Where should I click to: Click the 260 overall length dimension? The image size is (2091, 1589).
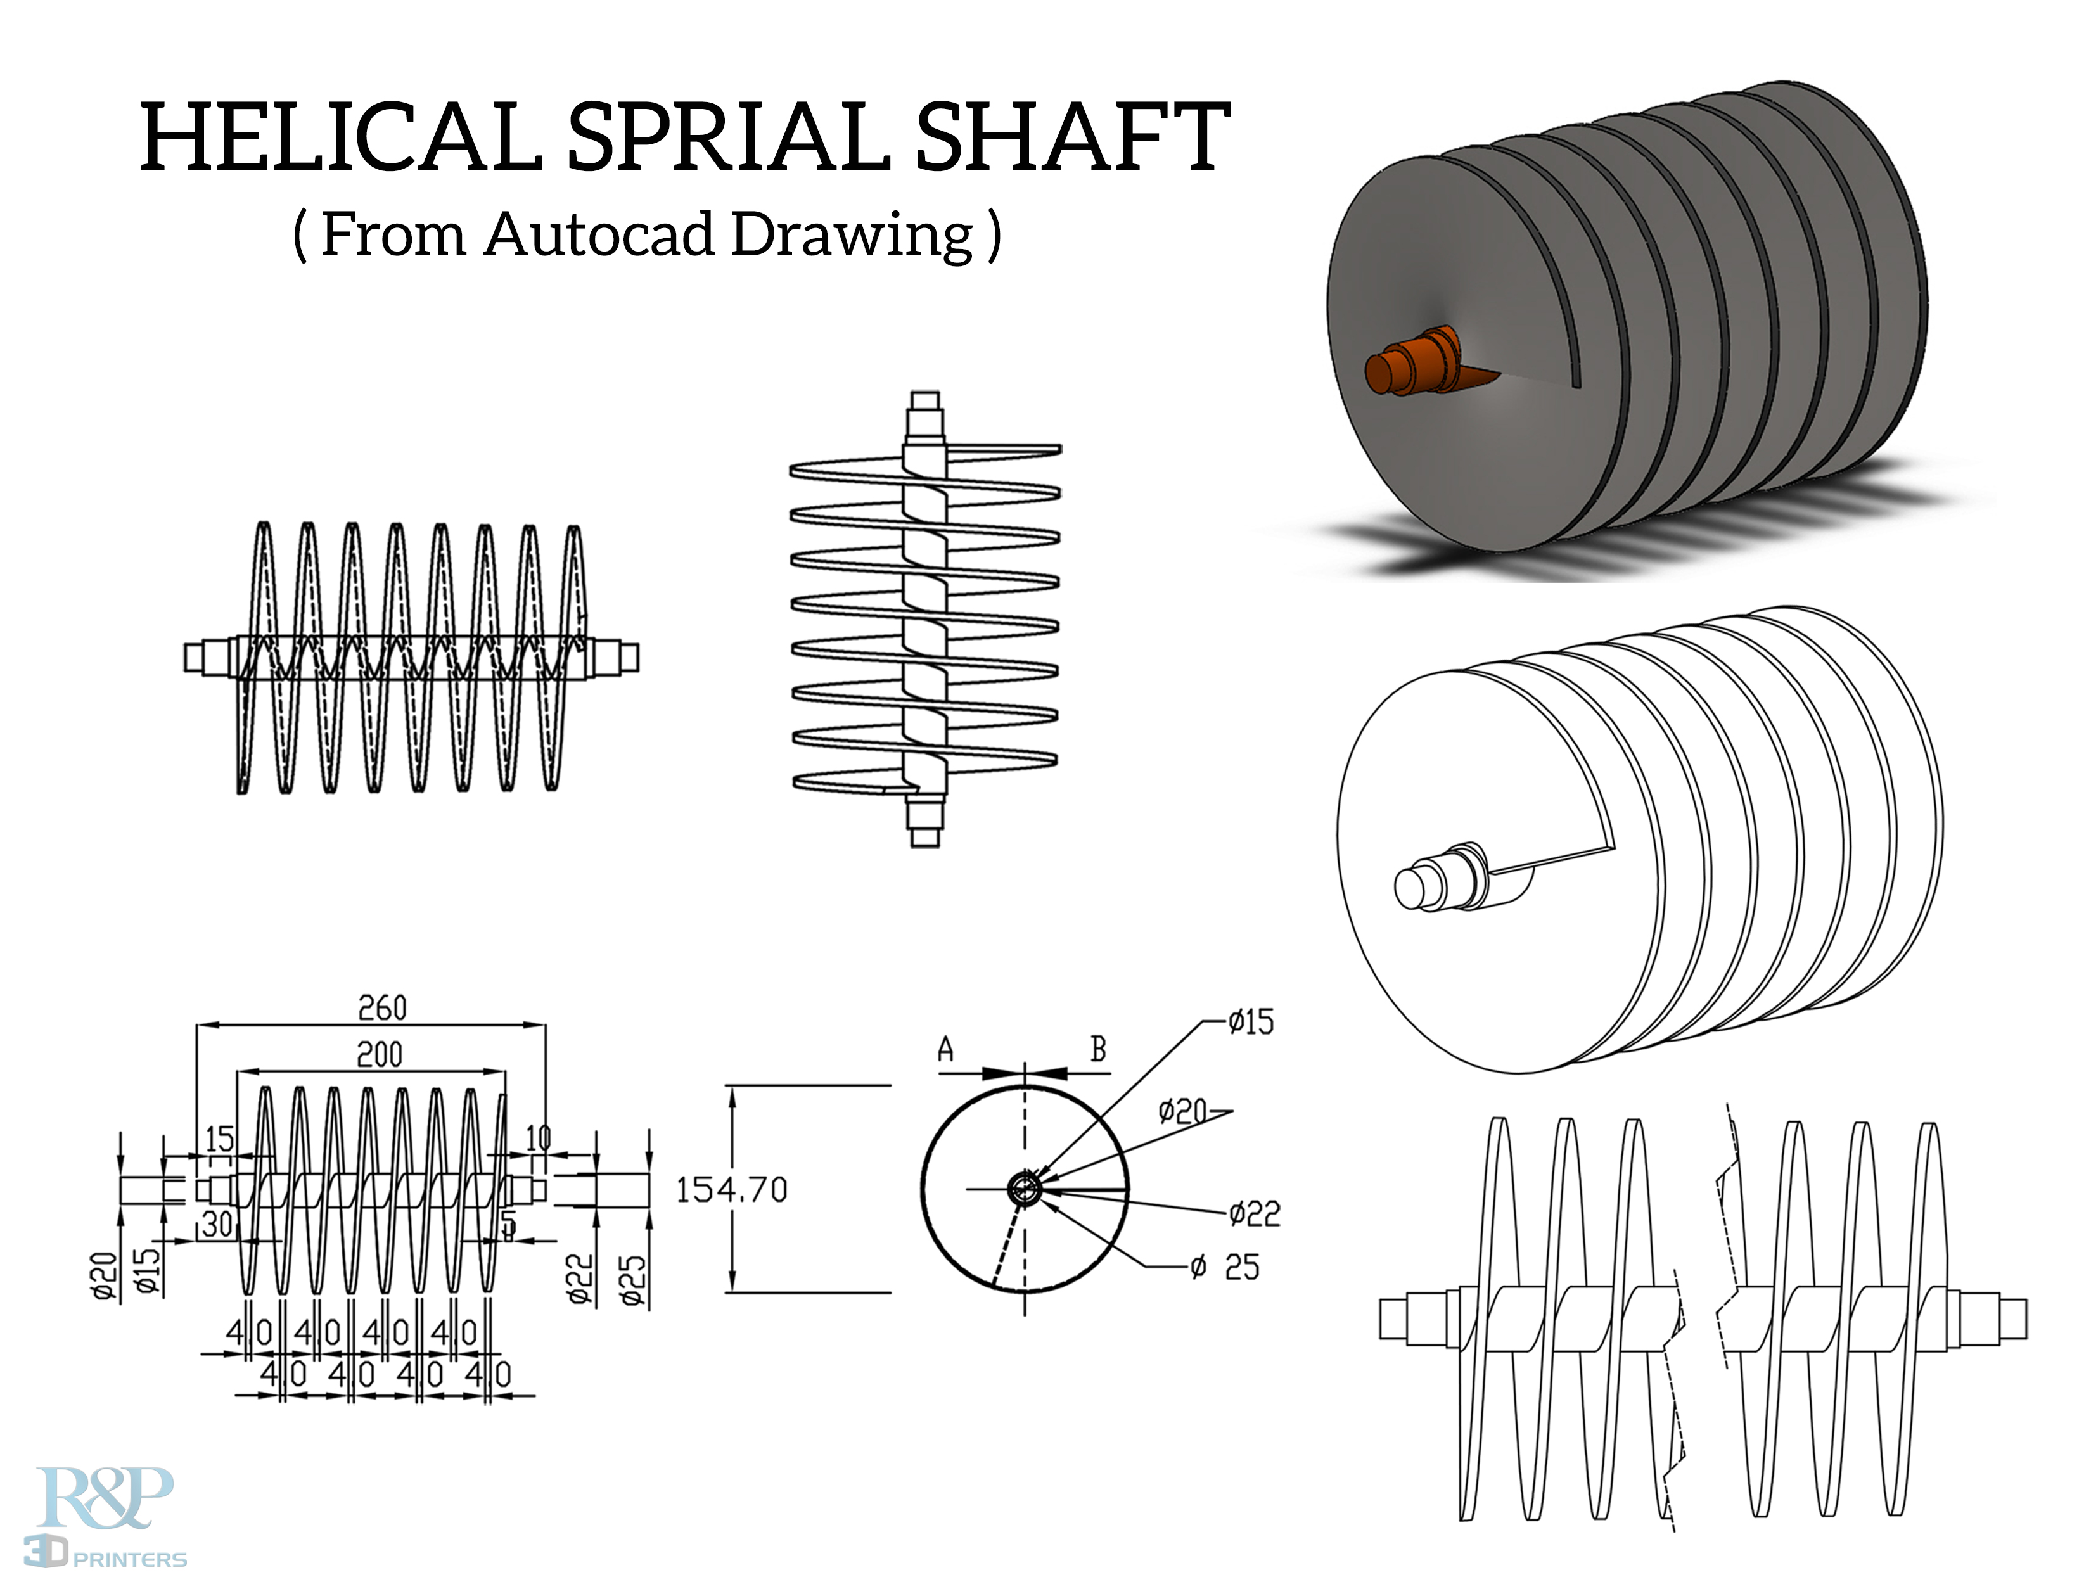(382, 1008)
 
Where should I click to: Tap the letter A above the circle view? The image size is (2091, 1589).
(945, 1050)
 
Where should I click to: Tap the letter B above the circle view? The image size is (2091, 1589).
(1098, 1049)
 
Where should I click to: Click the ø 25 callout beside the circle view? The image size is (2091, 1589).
(1225, 1267)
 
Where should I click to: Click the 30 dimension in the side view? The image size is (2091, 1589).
(217, 1224)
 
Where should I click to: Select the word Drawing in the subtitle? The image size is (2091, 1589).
(852, 236)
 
